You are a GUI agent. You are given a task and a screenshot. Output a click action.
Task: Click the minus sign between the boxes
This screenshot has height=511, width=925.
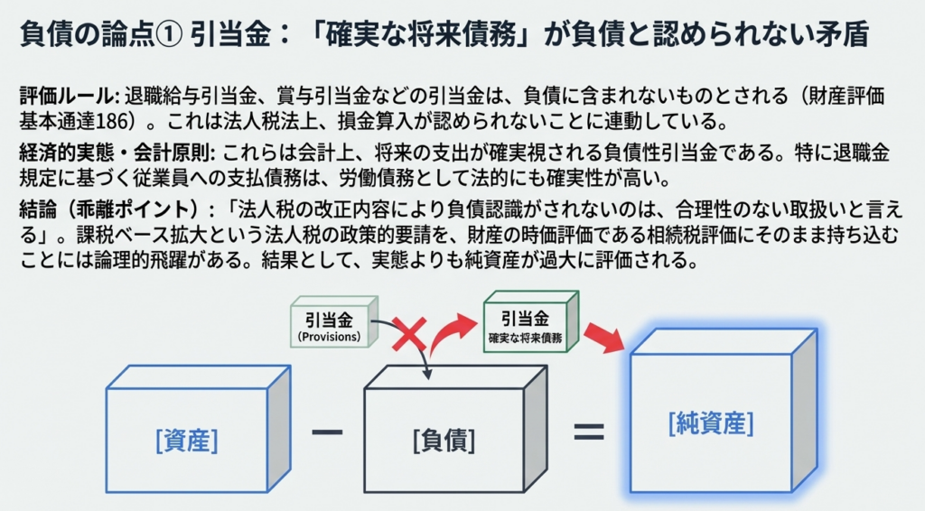[327, 431]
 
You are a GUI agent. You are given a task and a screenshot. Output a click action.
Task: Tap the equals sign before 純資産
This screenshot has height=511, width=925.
[588, 431]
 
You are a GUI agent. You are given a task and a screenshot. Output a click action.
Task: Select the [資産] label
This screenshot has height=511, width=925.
[187, 441]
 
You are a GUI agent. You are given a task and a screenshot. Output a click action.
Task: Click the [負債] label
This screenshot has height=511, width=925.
[444, 441]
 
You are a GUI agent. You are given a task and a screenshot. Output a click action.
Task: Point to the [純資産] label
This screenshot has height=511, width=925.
[710, 423]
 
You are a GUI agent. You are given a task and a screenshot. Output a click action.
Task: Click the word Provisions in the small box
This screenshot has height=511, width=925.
[329, 337]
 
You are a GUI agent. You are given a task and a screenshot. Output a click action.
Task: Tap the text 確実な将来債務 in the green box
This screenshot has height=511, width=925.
[524, 337]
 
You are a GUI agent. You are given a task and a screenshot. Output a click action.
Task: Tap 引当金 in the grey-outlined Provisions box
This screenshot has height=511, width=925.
[329, 320]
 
